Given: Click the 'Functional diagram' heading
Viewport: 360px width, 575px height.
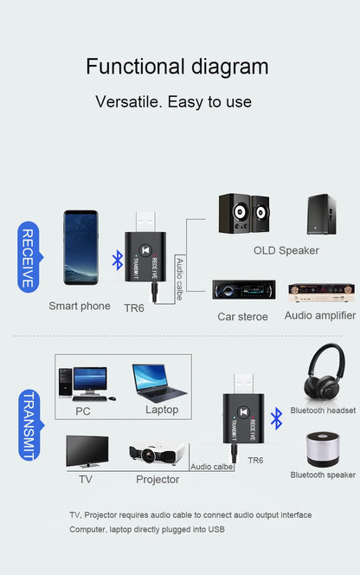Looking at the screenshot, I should (x=177, y=67).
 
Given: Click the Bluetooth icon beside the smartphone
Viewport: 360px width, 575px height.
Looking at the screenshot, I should (x=118, y=259).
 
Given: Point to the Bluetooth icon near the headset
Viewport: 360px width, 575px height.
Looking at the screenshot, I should (x=277, y=419).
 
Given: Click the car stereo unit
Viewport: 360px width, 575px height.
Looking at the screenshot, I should (x=244, y=290).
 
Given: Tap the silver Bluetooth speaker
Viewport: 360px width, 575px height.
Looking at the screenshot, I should (x=324, y=450).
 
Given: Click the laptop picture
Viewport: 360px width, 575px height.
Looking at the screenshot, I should (x=160, y=381).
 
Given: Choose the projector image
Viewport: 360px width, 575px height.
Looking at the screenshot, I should (x=158, y=454).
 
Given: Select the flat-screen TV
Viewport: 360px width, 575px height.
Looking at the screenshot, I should (x=87, y=452).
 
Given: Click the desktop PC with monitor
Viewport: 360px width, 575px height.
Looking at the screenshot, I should (x=83, y=383).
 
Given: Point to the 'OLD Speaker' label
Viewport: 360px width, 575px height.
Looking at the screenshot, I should (x=286, y=250).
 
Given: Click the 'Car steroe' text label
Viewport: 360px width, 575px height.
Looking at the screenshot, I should (x=242, y=316).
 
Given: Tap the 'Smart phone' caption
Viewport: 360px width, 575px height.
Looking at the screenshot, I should (x=80, y=306).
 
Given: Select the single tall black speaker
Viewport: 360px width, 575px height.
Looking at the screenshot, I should (x=321, y=214).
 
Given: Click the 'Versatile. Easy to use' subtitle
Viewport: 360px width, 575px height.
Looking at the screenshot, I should (x=173, y=101).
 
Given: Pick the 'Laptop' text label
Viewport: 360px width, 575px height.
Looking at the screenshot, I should (x=162, y=410).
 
